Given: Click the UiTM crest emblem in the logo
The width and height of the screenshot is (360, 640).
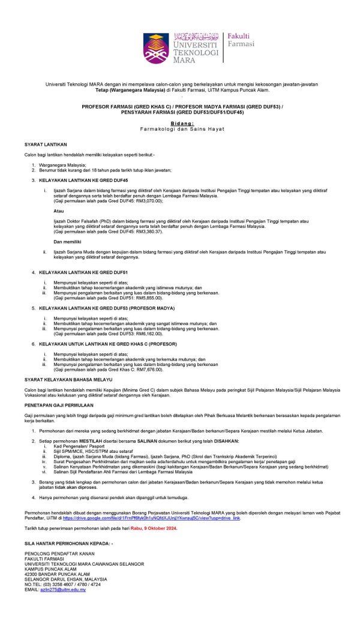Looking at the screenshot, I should pyautogui.click(x=155, y=47).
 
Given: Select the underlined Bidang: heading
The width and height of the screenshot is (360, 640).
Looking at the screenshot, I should pyautogui.click(x=180, y=122).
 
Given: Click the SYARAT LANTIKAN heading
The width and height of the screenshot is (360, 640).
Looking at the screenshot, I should pyautogui.click(x=46, y=145).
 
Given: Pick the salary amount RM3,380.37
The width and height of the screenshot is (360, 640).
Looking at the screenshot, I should pyautogui.click(x=149, y=231).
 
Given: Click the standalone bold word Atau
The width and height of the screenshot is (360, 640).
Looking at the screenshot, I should pyautogui.click(x=58, y=211).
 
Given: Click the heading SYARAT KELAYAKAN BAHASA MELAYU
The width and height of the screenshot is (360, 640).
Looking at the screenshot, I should pyautogui.click(x=68, y=380).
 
